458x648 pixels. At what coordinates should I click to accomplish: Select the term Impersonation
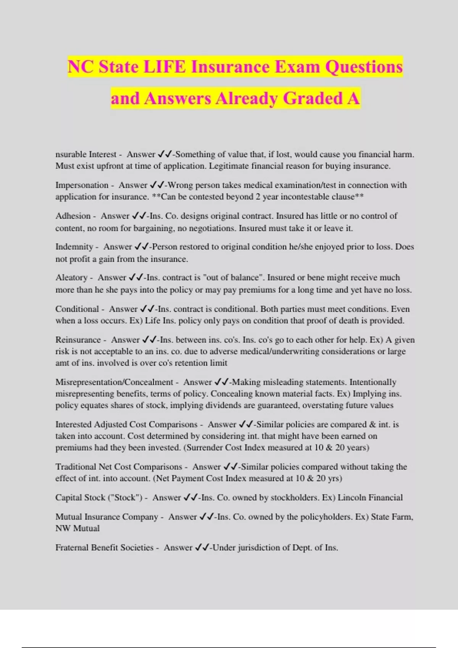82,185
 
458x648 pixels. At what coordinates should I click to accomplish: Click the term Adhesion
73,216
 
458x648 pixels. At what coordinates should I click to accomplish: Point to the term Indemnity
74,247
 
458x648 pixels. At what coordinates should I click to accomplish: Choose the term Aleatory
71,278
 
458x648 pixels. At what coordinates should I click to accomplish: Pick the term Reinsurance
78,340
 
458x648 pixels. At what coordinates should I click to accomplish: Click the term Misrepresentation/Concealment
114,382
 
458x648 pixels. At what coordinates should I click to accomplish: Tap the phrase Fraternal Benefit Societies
104,548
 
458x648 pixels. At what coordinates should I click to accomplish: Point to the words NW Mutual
77,529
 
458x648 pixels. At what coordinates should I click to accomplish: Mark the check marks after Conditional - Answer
147,309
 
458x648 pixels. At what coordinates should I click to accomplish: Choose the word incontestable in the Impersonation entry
302,197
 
